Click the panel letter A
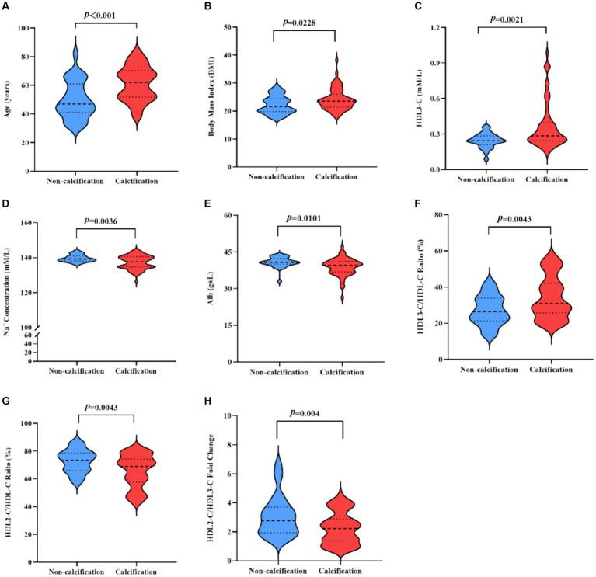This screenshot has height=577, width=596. [6, 7]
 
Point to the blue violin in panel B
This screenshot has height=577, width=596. [274, 104]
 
